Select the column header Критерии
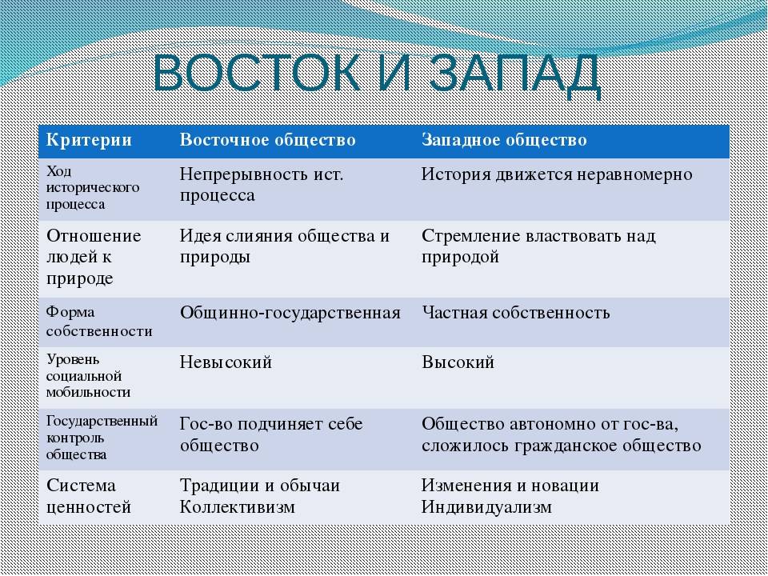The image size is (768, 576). click(x=89, y=141)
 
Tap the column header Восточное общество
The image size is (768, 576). click(x=267, y=141)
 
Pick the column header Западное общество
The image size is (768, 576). click(x=504, y=141)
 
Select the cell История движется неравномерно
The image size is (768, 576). click(x=557, y=174)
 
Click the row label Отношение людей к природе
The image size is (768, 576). click(x=94, y=257)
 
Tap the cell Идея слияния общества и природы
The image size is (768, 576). click(x=285, y=246)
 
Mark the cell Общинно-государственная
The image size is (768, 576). click(x=290, y=313)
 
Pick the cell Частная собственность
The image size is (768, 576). click(x=515, y=313)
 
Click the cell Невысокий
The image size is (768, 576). click(x=226, y=362)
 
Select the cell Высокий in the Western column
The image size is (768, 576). click(x=458, y=362)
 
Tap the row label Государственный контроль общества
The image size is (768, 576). click(x=101, y=438)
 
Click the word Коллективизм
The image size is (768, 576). click(x=238, y=506)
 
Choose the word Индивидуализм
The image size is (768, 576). click(x=486, y=506)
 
